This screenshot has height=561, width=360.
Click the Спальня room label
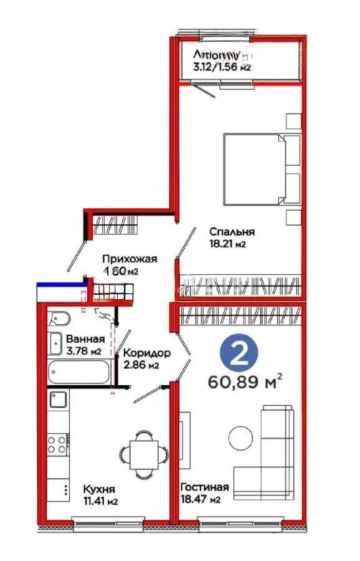(231, 232)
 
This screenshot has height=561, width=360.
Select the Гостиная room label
(204, 487)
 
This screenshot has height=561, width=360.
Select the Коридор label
(144, 353)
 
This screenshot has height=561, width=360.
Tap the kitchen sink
(59, 399)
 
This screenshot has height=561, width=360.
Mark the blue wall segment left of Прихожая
(59, 285)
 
